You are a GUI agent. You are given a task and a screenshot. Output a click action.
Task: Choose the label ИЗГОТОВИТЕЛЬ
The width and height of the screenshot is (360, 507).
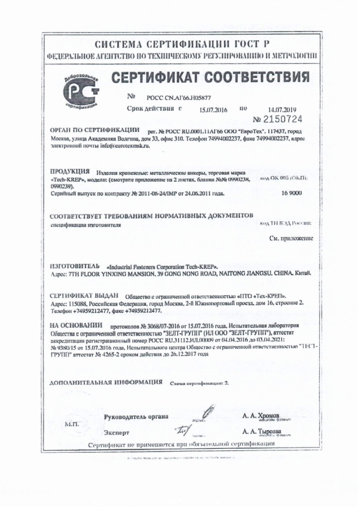point(74,265)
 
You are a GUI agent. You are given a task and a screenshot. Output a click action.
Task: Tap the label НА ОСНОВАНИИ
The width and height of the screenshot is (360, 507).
point(76,326)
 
